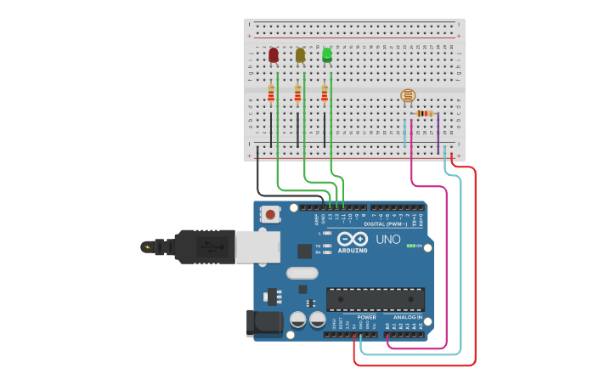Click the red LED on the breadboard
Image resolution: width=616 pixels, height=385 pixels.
point(273,55)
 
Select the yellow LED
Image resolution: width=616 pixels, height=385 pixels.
point(300,55)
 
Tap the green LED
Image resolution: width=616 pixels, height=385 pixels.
point(327,55)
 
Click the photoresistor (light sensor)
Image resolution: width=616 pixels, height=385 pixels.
point(408,97)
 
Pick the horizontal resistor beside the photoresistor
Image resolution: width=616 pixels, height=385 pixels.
point(424,113)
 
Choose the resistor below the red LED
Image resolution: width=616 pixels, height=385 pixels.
point(271,93)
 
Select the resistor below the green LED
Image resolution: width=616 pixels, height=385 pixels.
point(325,93)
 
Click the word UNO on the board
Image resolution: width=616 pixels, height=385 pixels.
point(388,240)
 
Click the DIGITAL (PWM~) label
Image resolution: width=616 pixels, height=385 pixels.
point(384,224)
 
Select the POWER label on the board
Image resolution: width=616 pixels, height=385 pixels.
point(366,317)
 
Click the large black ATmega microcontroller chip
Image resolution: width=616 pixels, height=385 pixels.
point(376,299)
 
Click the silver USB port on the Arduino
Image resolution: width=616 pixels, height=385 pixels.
point(257,246)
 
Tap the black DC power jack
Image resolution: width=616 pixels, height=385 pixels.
point(264,323)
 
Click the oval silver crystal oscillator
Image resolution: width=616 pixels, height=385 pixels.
point(302,273)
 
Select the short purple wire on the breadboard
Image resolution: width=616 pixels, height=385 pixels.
point(438,133)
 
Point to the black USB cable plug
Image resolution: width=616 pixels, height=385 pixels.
point(204,246)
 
